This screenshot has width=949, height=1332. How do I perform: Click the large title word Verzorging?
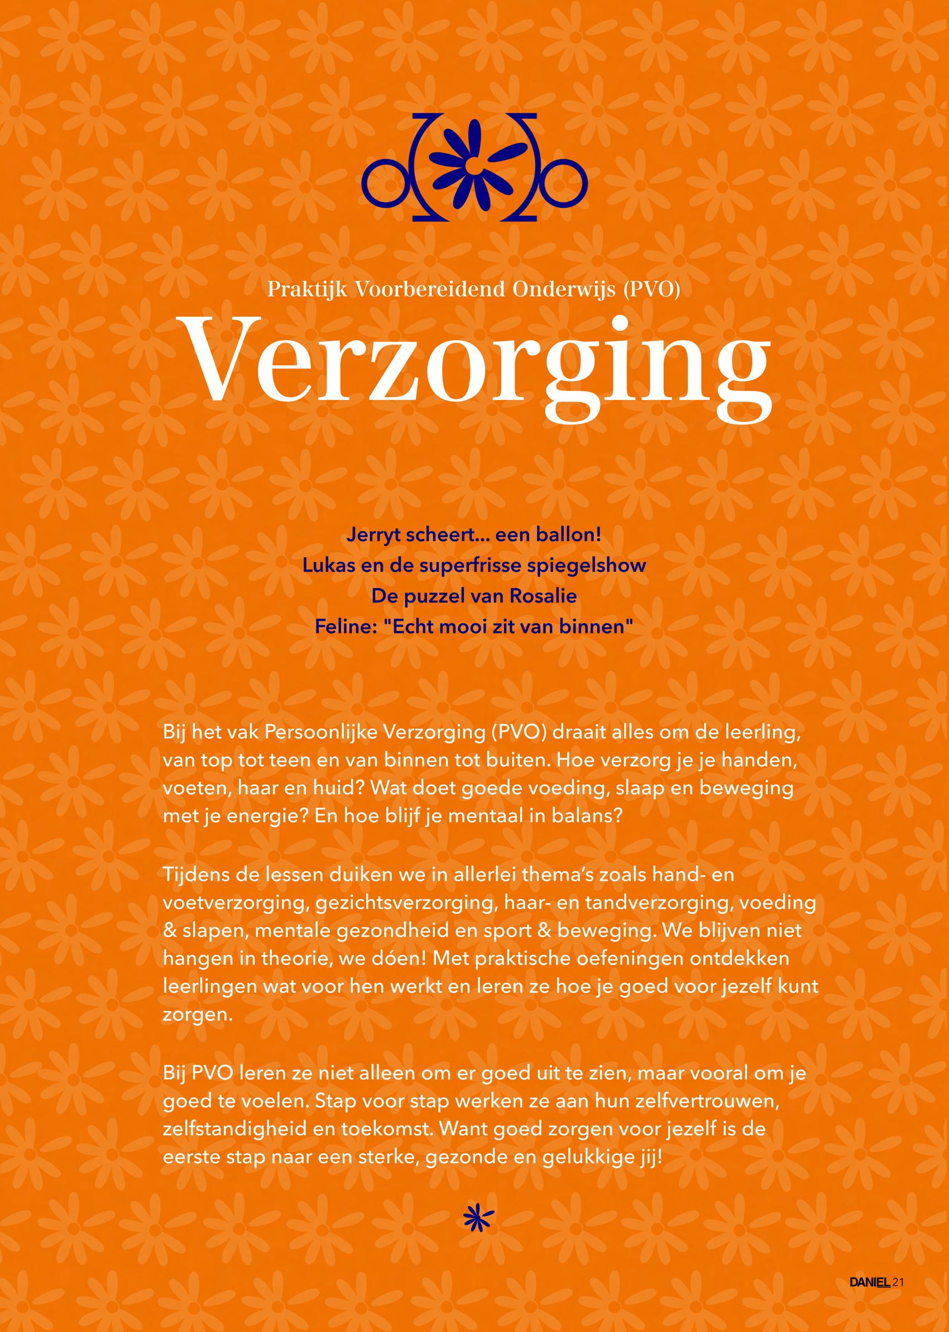(474, 368)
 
